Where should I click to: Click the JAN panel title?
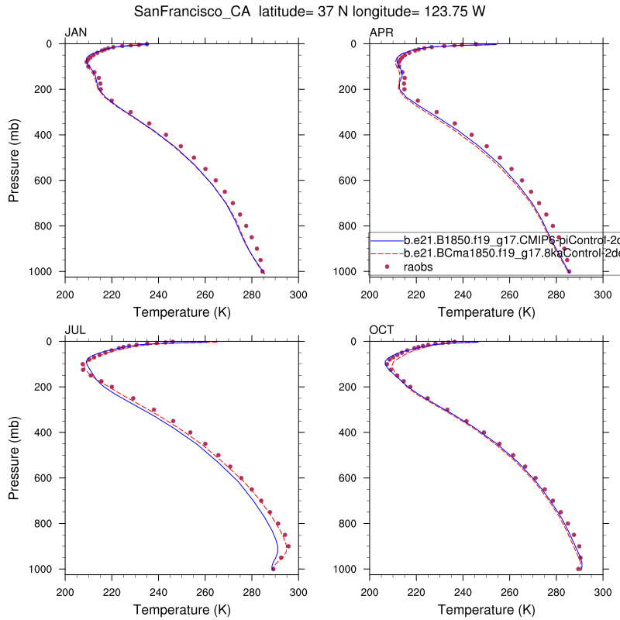(x=75, y=32)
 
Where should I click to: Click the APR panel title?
(x=381, y=32)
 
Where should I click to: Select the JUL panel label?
(x=74, y=329)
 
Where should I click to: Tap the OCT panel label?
(x=381, y=329)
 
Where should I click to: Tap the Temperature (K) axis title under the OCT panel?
(x=487, y=610)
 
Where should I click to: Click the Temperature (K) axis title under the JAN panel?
(x=182, y=312)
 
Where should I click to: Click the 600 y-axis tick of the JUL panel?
(x=44, y=478)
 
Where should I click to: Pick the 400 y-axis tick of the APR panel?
(x=349, y=135)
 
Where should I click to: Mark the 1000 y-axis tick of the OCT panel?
(x=346, y=569)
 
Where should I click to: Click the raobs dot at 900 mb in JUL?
(x=288, y=546)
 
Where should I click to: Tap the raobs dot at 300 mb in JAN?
(x=130, y=112)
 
